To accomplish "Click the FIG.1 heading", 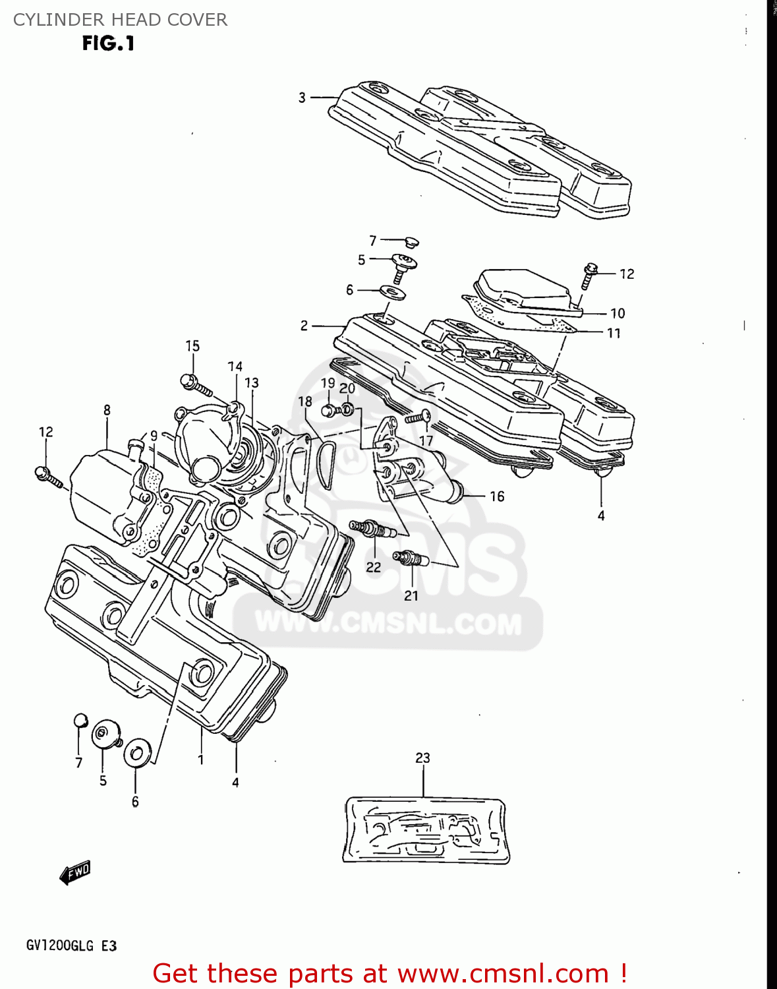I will click(x=108, y=44).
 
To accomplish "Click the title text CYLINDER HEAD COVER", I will click(x=120, y=20).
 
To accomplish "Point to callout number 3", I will click(x=302, y=98).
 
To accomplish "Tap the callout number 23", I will click(x=422, y=758).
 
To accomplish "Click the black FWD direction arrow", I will click(x=74, y=873).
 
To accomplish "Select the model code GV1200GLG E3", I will click(x=71, y=946).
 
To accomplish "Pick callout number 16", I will click(x=497, y=496).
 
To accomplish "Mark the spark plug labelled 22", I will click(x=372, y=529).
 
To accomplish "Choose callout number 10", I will click(x=618, y=313).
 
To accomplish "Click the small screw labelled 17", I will click(x=418, y=417).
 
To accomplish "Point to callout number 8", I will click(x=107, y=410).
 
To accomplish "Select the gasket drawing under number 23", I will click(x=426, y=830).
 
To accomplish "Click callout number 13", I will click(x=251, y=383).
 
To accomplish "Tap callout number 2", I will click(x=304, y=326).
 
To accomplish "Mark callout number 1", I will click(x=200, y=760).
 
